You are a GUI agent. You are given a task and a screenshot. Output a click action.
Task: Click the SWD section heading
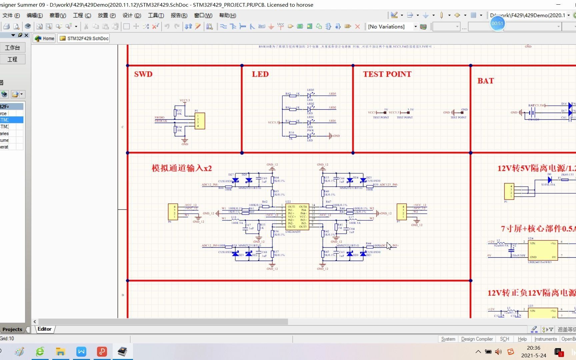143,74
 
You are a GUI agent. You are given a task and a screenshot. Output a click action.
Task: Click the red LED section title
260,74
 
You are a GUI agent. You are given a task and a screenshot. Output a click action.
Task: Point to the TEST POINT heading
387,74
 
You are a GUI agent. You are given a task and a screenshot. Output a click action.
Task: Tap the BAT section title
485,81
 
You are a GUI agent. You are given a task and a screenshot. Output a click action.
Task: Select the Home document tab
45,38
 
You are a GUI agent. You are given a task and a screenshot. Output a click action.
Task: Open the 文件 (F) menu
11,15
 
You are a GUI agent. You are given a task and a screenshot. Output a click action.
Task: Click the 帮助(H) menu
227,15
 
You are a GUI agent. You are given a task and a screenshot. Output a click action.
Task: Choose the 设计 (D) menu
132,15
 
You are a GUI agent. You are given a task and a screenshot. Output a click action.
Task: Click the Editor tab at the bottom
44,329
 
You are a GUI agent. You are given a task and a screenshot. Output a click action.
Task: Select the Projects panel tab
12,329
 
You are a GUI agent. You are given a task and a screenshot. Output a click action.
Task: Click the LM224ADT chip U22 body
297,216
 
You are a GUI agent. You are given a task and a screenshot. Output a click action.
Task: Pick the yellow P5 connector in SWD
199,121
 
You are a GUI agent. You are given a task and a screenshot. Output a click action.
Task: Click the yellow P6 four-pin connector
173,212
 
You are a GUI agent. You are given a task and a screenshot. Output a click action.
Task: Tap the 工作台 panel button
12,48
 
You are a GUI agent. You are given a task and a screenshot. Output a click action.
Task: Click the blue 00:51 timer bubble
497,23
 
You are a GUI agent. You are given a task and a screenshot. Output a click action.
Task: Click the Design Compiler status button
477,339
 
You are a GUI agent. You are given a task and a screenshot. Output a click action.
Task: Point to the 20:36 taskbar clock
533,348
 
